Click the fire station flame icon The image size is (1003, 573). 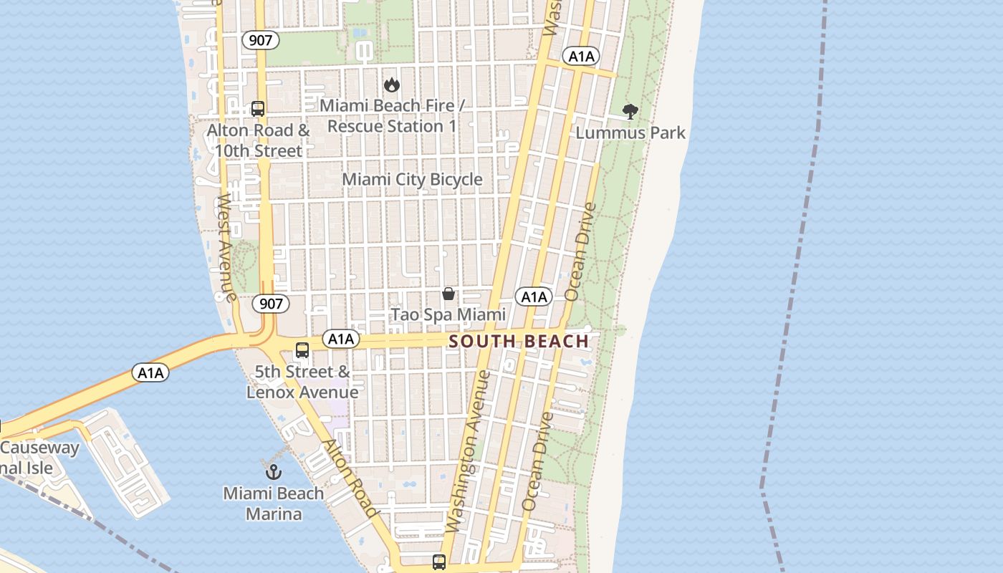[x=391, y=85]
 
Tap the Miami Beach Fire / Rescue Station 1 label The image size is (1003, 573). [x=392, y=116]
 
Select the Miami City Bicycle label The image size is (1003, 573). [x=412, y=180]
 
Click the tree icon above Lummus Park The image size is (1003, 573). [x=630, y=112]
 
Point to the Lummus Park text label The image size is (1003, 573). [x=630, y=133]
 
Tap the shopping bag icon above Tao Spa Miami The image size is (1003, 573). [x=448, y=294]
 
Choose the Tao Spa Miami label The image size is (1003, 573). [x=448, y=314]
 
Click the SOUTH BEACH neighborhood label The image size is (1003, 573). [x=519, y=342]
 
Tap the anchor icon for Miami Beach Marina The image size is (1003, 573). [x=273, y=472]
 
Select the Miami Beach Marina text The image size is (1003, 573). [x=273, y=504]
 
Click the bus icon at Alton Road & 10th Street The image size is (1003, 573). [x=258, y=110]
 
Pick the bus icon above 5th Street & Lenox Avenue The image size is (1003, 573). [x=302, y=350]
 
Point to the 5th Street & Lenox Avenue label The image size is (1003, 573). [x=302, y=382]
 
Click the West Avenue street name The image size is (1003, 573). [x=226, y=247]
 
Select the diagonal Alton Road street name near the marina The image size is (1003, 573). [x=350, y=478]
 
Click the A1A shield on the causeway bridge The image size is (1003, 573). [x=150, y=372]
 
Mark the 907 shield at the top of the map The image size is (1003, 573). [x=260, y=40]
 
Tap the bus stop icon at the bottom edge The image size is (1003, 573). [x=439, y=562]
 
